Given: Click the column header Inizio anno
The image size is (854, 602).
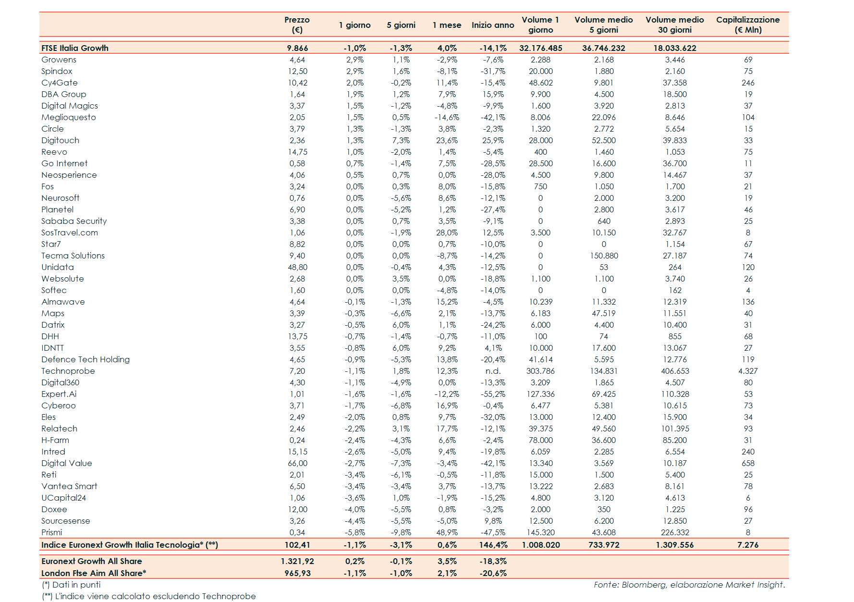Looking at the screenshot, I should (492, 25).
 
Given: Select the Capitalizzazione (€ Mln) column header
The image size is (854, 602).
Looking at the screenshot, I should (747, 25).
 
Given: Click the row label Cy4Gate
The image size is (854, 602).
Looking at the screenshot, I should (60, 83).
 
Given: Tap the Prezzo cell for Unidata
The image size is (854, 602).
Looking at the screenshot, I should (297, 267).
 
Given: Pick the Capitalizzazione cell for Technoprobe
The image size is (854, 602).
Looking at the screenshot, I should (748, 371).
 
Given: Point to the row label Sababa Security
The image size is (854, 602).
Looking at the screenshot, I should (74, 221).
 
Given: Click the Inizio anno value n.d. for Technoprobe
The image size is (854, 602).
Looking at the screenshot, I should (493, 371).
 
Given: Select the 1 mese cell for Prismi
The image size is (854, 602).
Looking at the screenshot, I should (447, 532).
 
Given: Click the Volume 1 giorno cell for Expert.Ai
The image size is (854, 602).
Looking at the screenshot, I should (540, 394).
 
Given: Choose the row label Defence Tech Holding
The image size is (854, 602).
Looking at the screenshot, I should (85, 359).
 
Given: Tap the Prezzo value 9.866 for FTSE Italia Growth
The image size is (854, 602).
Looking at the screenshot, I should (297, 48).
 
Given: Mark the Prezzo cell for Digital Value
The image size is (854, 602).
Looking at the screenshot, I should (297, 463).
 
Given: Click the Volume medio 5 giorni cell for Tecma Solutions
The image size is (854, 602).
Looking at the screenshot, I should (604, 256).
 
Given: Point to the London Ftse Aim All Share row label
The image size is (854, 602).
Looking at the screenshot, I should (94, 573).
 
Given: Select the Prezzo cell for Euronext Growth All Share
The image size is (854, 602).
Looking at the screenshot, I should (297, 561).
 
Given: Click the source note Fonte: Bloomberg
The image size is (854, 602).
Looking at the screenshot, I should (689, 585).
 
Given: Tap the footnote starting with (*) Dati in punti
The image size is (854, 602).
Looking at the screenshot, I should (71, 585).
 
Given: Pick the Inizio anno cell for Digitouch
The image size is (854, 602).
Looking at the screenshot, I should (493, 140).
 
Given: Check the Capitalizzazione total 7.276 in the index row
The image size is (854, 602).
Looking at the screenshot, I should (748, 545).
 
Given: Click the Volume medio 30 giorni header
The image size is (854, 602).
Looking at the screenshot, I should (674, 25).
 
